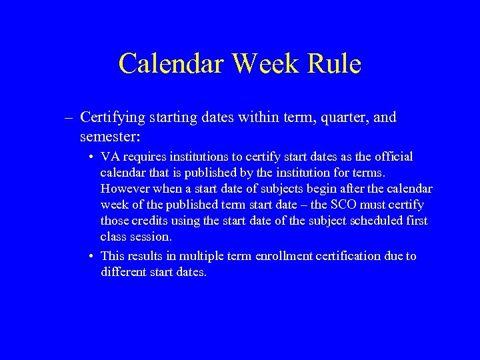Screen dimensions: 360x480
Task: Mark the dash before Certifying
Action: point(69,119)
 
